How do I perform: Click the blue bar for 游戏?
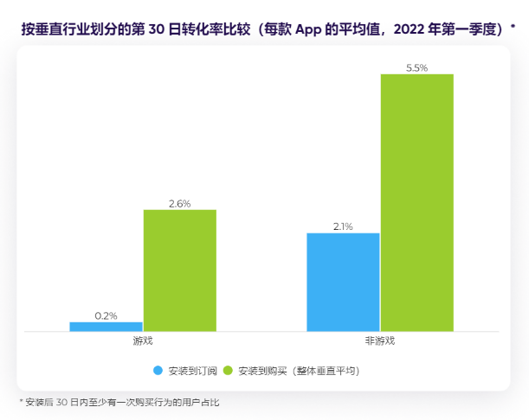point(106,327)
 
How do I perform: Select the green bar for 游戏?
point(180,270)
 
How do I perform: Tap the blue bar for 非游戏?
point(343,282)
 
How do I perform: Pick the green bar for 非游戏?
point(416,202)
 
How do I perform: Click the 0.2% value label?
point(106,315)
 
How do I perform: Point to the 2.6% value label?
point(180,203)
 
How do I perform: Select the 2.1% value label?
point(343,226)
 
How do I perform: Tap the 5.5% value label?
point(416,67)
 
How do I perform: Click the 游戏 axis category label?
point(143,341)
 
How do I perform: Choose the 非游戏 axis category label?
point(380,341)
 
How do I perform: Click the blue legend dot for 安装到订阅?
point(158,371)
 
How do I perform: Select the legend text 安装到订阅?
point(188,371)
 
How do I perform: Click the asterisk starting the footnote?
point(21,402)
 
